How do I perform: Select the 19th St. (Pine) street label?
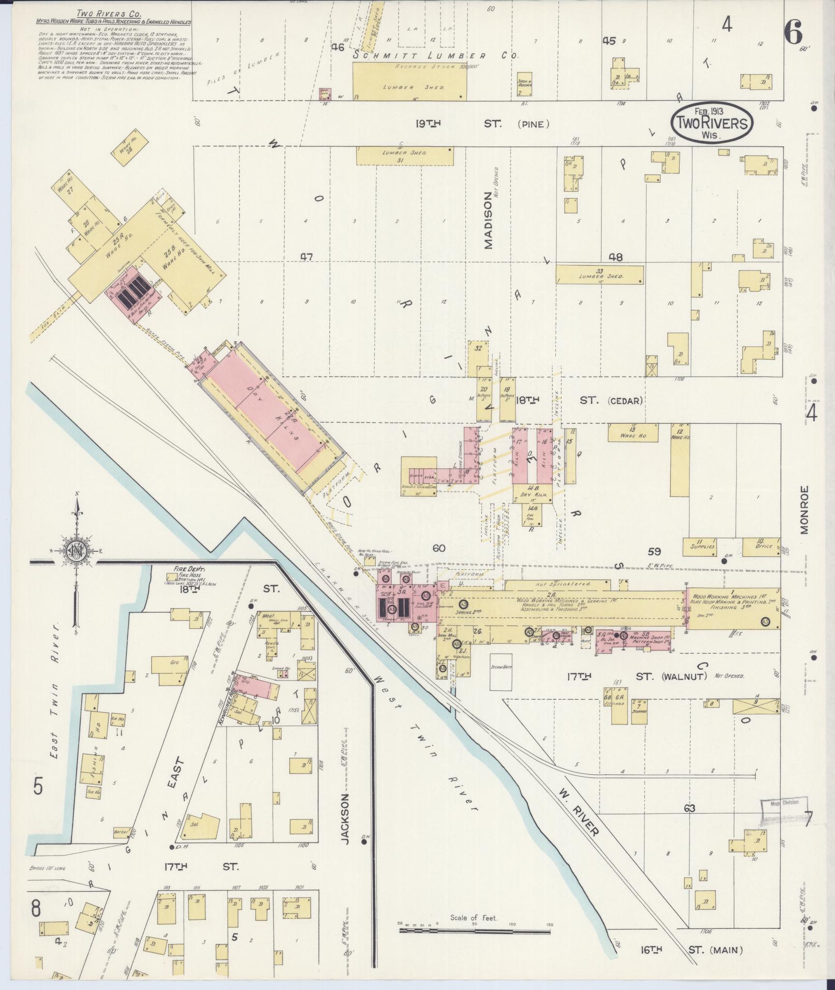(x=481, y=124)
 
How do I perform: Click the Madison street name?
(x=488, y=221)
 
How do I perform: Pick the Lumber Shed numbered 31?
(x=404, y=156)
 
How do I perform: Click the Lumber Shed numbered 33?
(x=599, y=274)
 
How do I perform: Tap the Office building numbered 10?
(x=760, y=546)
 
